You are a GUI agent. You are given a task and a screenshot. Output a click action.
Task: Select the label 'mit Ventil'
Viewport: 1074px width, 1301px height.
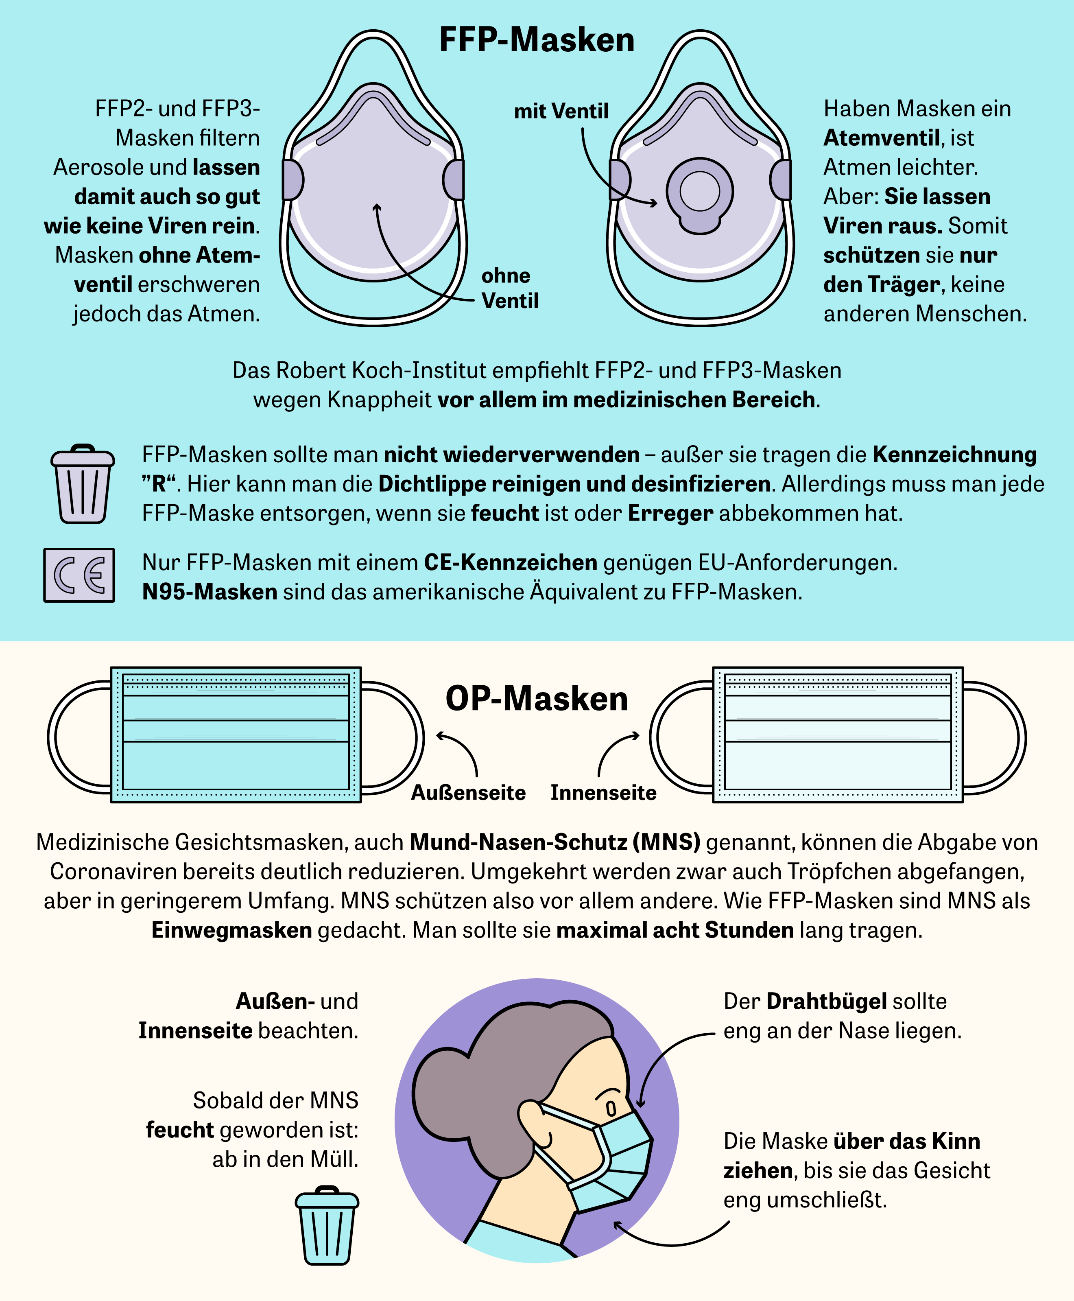click(561, 112)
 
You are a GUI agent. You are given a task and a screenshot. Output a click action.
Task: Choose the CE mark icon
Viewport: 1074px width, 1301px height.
click(79, 575)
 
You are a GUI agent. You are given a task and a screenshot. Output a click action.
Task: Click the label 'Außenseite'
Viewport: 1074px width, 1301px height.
click(468, 793)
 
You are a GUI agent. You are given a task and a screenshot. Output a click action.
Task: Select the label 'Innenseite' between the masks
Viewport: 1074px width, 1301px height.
click(603, 793)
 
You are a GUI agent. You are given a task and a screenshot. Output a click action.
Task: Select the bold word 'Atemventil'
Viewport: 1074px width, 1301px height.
click(882, 138)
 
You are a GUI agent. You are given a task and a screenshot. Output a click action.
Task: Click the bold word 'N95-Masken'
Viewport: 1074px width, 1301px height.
click(210, 593)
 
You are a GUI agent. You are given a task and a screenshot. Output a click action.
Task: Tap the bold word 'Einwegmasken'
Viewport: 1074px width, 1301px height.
click(231, 930)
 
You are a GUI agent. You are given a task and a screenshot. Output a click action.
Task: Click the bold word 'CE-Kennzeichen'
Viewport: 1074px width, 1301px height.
click(511, 563)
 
